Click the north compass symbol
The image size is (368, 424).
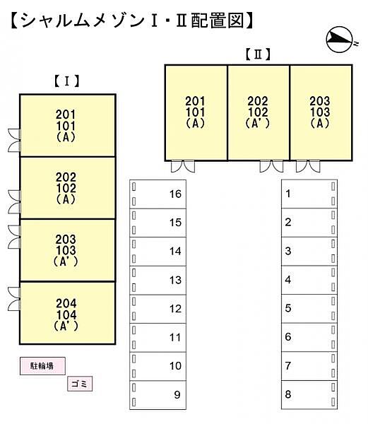point(340,40)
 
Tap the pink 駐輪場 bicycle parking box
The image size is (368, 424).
point(42,366)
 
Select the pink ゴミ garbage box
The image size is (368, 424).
point(80,384)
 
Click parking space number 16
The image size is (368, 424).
point(158,194)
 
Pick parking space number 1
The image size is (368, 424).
point(309,194)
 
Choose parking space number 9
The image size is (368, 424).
point(158,395)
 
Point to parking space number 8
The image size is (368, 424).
point(309,395)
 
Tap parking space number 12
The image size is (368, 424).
point(158,309)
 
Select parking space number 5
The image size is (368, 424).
point(309,309)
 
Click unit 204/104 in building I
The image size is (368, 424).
point(68,313)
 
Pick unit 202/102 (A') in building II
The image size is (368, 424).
point(259,113)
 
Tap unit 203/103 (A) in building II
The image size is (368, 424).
point(321,113)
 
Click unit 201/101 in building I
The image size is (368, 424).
point(68,126)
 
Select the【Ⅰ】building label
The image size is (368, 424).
point(67,81)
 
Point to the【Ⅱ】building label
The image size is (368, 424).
point(258,54)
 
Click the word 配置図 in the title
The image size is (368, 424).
point(218,20)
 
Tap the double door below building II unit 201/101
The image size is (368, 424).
point(183,166)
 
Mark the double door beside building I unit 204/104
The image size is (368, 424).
point(14,299)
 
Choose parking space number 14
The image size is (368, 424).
point(158,252)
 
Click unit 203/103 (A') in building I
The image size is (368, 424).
point(68,250)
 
